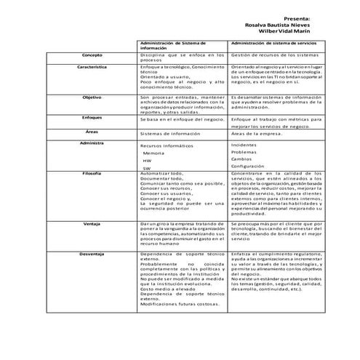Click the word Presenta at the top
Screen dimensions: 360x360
(297, 19)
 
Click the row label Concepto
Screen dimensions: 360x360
(92, 55)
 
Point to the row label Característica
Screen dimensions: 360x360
(92, 66)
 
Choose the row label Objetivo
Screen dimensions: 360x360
(92, 97)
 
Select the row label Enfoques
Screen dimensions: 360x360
(92, 117)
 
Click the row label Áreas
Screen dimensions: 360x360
(92, 131)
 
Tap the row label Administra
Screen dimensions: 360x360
(92, 143)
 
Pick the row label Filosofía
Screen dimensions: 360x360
(92, 174)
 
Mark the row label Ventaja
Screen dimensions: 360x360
(92, 223)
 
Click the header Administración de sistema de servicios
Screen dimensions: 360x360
(273, 44)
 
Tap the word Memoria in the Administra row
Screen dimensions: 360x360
(153, 153)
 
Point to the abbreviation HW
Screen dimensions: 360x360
(148, 161)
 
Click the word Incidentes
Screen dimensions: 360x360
(244, 145)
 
